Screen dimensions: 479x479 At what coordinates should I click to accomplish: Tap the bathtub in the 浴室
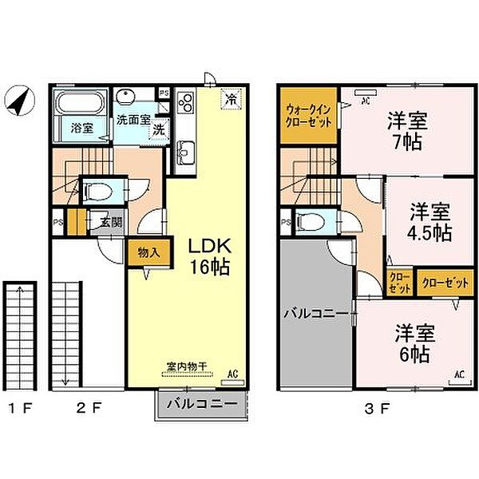pyautogui.click(x=79, y=103)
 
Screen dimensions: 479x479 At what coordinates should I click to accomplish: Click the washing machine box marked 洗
pyautogui.click(x=160, y=129)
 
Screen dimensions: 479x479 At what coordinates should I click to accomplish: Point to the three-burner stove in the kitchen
pyautogui.click(x=185, y=103)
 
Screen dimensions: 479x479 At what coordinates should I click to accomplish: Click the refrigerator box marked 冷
pyautogui.click(x=230, y=100)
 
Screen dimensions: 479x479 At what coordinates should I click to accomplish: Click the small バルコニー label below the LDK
pyautogui.click(x=201, y=405)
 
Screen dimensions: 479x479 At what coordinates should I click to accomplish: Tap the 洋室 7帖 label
pyautogui.click(x=406, y=132)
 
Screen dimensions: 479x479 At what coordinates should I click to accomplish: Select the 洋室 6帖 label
pyautogui.click(x=410, y=342)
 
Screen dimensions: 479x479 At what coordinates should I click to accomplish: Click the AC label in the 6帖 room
pyautogui.click(x=460, y=373)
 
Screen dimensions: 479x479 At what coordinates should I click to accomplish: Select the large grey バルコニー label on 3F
pyautogui.click(x=315, y=314)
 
